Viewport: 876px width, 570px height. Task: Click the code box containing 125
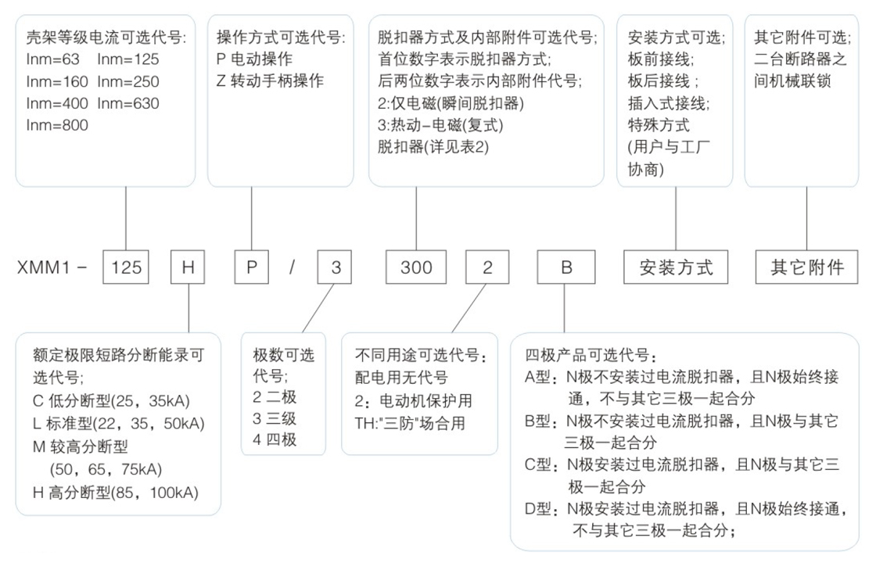pyautogui.click(x=126, y=267)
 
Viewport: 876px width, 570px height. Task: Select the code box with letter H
pyautogui.click(x=188, y=267)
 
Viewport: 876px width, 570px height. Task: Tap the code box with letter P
pyautogui.click(x=251, y=267)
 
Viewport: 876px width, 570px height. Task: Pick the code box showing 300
pyautogui.click(x=416, y=267)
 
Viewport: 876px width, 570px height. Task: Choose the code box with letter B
pyautogui.click(x=566, y=267)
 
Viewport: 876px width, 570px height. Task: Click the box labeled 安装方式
pyautogui.click(x=676, y=267)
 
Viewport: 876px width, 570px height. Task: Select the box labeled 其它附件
pyautogui.click(x=806, y=267)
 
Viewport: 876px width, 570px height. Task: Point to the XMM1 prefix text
pyautogui.click(x=44, y=267)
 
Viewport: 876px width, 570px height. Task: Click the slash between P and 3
pyautogui.click(x=293, y=267)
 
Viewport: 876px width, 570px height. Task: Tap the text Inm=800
pyautogui.click(x=57, y=125)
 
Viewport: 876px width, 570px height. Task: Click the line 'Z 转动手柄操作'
pyautogui.click(x=270, y=81)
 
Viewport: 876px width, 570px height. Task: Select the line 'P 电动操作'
pyautogui.click(x=254, y=59)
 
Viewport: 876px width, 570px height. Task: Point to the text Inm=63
pyautogui.click(x=52, y=59)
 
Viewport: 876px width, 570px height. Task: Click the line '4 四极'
pyautogui.click(x=275, y=440)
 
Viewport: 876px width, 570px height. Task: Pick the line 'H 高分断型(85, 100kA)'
pyautogui.click(x=116, y=493)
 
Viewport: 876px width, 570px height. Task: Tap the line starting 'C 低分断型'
pyautogui.click(x=111, y=401)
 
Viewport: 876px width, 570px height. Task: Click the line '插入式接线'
pyautogui.click(x=669, y=103)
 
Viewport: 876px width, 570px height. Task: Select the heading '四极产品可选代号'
pyautogui.click(x=591, y=355)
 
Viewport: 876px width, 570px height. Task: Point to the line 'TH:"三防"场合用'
pyautogui.click(x=410, y=423)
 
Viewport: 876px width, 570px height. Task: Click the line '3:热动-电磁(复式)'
pyautogui.click(x=440, y=125)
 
